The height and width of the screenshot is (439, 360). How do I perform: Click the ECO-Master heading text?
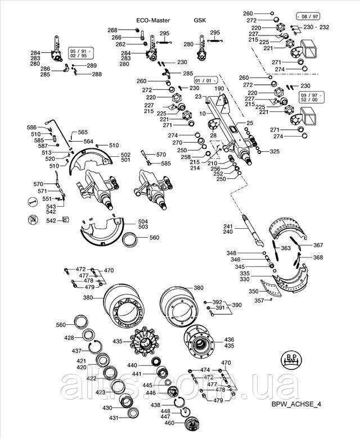(153, 20)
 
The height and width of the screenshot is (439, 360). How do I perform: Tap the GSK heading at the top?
(200, 20)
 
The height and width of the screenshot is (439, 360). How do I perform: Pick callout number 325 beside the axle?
(274, 152)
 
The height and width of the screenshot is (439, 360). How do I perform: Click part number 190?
(219, 89)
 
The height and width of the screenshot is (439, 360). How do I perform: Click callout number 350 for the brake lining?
(254, 292)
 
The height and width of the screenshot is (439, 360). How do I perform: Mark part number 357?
(259, 301)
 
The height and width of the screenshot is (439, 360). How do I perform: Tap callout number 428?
(69, 338)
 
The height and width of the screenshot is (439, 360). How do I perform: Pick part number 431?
(114, 418)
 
